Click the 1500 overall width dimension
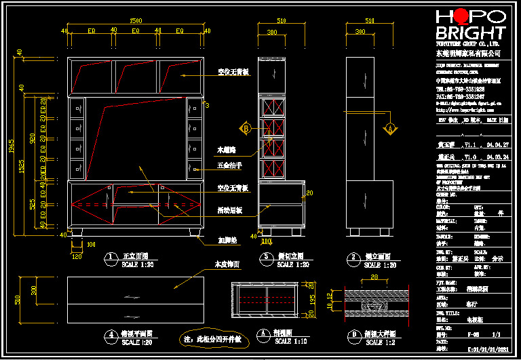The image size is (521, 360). point(136,21)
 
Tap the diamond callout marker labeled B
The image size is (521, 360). point(246,127)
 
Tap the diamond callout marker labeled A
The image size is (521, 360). point(390,127)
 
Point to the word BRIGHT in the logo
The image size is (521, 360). point(470,33)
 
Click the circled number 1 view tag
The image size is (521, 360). point(109,258)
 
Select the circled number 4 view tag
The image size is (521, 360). point(109,335)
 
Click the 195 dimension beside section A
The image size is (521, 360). point(312,298)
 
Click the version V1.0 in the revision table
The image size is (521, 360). point(470,157)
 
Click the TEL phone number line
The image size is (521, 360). point(460,89)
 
